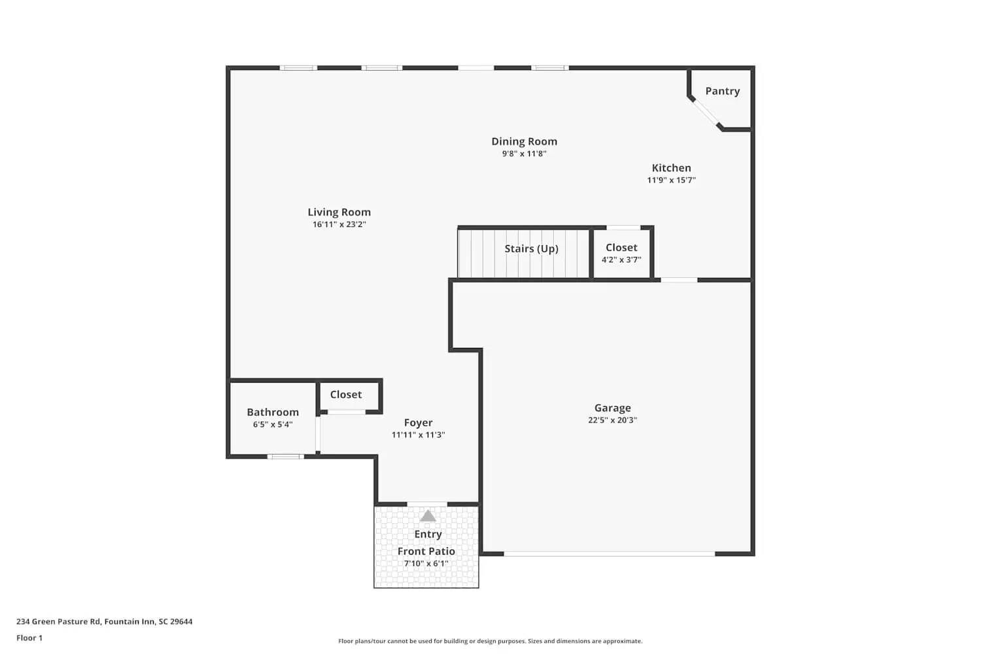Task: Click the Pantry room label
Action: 722,91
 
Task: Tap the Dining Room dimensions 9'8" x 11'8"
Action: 524,154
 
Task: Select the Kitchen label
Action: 671,167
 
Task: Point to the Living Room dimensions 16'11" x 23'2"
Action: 339,224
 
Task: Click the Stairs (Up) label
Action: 531,249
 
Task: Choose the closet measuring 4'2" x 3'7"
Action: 621,252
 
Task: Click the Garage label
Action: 612,407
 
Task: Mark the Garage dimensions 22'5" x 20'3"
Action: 612,420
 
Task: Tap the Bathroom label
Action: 273,412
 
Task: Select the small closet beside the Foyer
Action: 346,394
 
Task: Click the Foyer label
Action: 418,422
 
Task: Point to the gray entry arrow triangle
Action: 428,516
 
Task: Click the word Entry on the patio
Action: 428,534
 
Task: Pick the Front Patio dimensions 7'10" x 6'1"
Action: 426,563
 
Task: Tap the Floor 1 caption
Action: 29,638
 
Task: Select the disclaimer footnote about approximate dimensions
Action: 490,641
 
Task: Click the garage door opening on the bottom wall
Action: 609,554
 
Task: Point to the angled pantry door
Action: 705,112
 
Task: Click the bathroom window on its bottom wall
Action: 285,456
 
